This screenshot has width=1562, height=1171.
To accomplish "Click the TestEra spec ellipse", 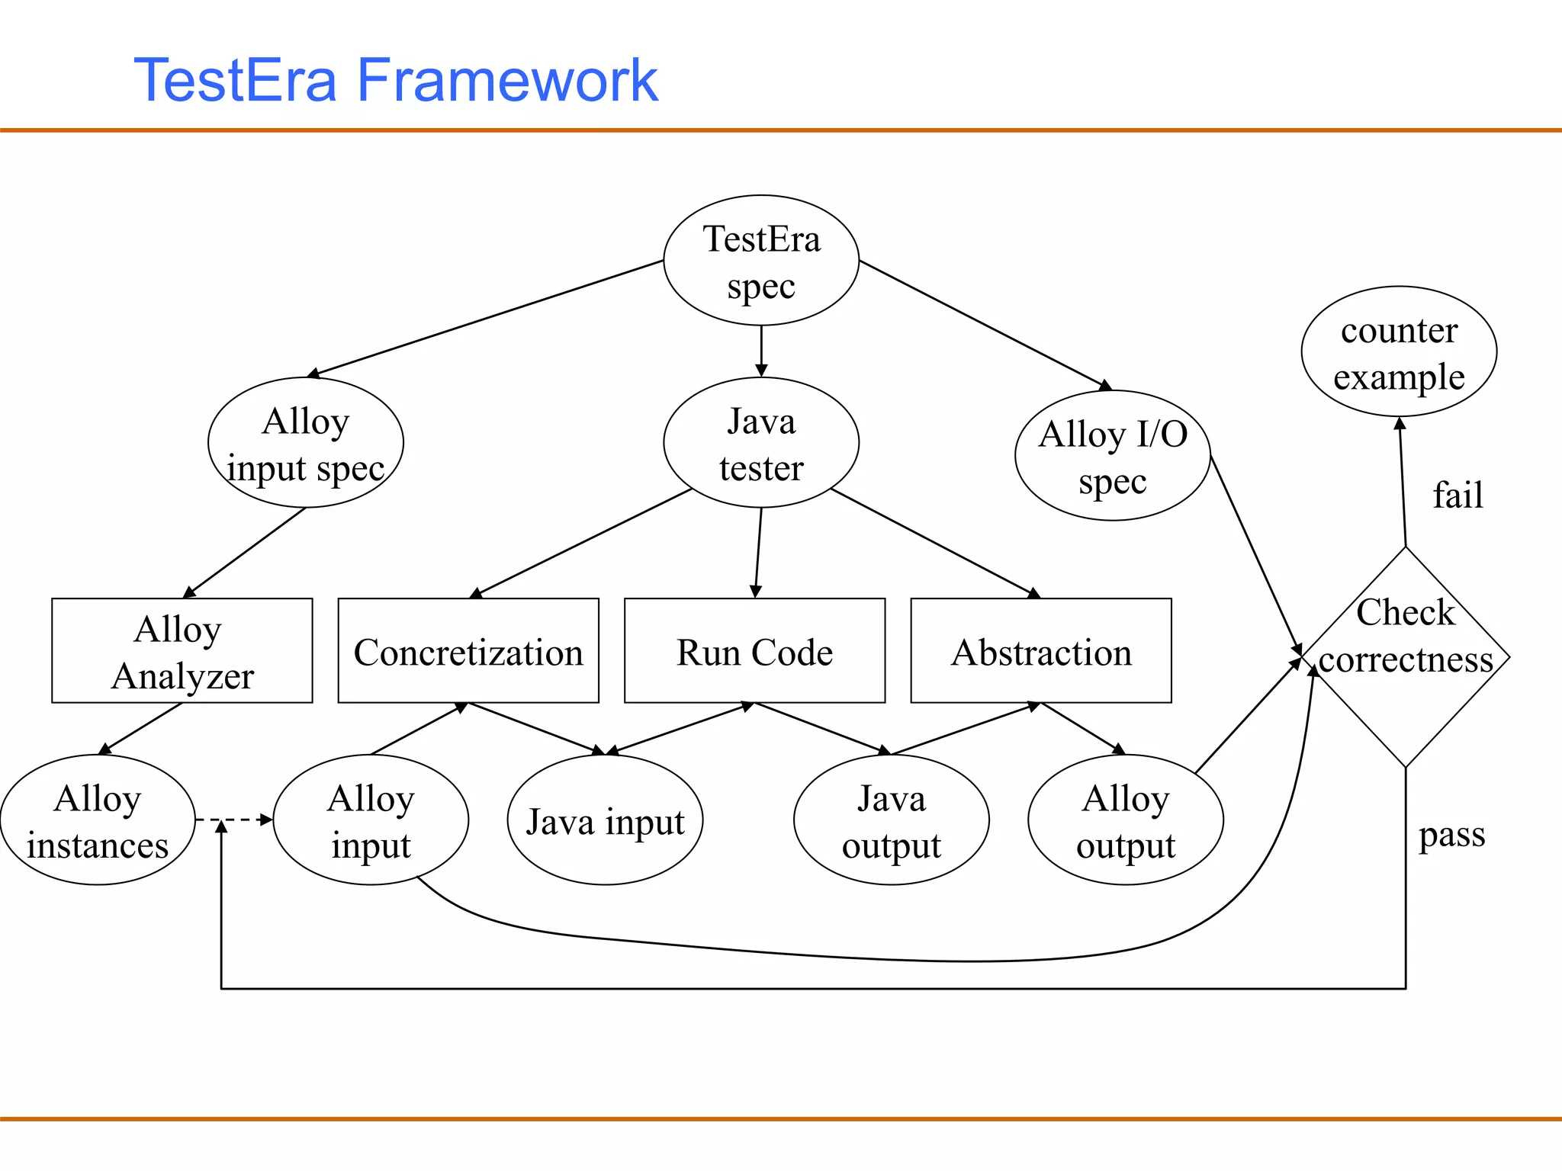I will [761, 261].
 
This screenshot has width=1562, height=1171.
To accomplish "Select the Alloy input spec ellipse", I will [305, 443].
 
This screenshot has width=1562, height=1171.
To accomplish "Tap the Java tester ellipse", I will [761, 443].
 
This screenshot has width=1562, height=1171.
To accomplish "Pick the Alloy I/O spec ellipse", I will [1112, 456].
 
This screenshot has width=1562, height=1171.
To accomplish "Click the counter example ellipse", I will [1399, 351].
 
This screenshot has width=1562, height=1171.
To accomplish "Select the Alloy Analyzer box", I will [182, 650].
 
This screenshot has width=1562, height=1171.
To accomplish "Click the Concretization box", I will [468, 650].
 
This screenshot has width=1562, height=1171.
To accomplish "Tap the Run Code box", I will [754, 650].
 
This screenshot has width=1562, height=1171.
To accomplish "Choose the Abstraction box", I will [1041, 650].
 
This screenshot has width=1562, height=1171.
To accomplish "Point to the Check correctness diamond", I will [1405, 657].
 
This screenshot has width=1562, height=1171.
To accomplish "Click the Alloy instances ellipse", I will [98, 820].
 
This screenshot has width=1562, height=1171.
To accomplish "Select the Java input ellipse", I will [605, 820].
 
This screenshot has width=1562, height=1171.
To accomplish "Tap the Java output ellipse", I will [891, 820].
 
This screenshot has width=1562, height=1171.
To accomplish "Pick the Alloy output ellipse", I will [1126, 820].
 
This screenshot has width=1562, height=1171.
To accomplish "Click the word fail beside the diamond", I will [1458, 495].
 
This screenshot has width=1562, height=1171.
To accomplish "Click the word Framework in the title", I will [506, 80].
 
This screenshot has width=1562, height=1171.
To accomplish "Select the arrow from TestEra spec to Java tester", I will [761, 351].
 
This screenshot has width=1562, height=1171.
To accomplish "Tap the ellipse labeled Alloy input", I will [371, 820].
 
